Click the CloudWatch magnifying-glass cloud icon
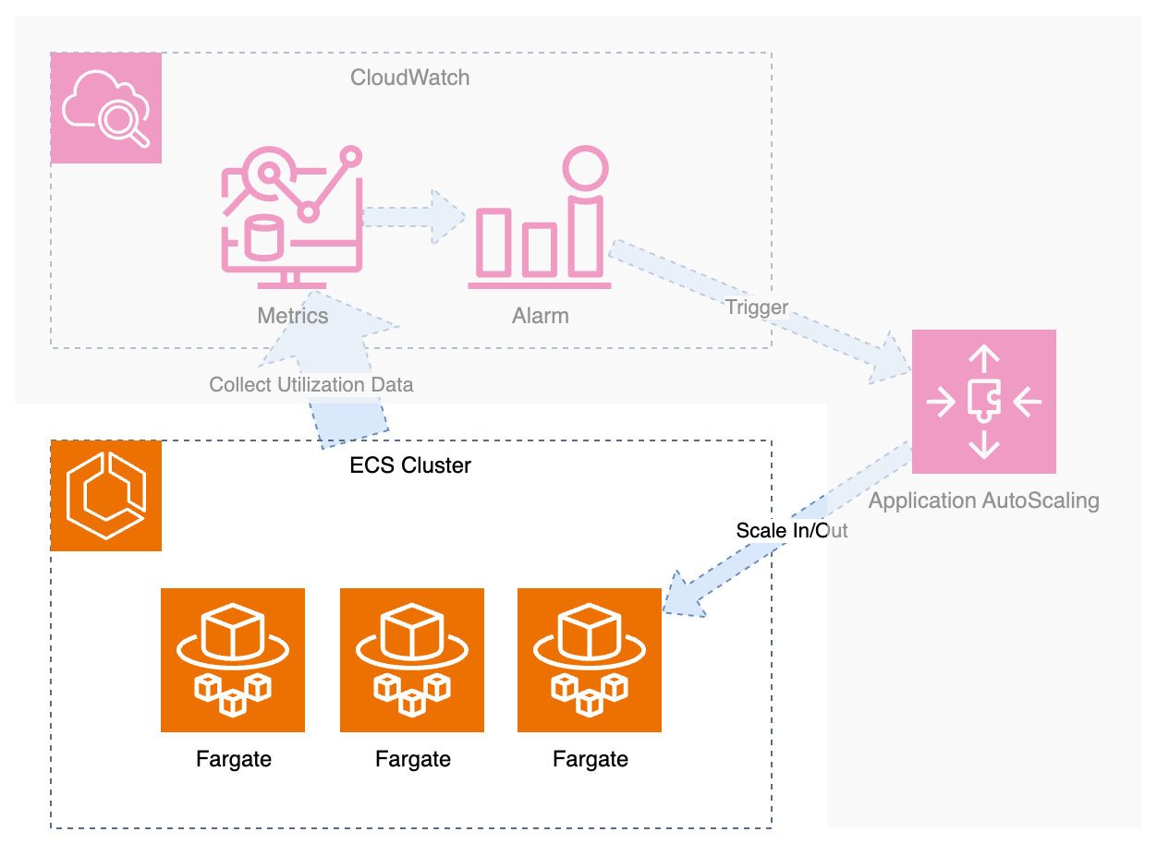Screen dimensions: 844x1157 pos(105,108)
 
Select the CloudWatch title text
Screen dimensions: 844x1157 pos(409,78)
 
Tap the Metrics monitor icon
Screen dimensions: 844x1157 pos(291,219)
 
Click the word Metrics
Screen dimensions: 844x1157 pos(292,316)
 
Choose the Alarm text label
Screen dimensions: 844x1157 pos(540,316)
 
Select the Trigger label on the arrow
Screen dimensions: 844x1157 pos(757,307)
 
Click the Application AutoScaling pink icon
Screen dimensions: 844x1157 pos(983,402)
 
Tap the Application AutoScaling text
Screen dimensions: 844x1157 pos(983,501)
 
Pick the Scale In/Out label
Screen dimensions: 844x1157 pos(791,531)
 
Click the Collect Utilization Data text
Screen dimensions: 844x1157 pos(311,385)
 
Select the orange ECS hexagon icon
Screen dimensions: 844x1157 pos(105,496)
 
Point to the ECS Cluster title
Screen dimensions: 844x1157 pos(409,465)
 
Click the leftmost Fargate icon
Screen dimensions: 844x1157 pos(233,660)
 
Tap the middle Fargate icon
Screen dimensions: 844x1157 pos(412,660)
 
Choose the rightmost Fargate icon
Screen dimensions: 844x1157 pos(590,660)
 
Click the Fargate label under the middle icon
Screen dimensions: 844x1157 pos(412,760)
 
